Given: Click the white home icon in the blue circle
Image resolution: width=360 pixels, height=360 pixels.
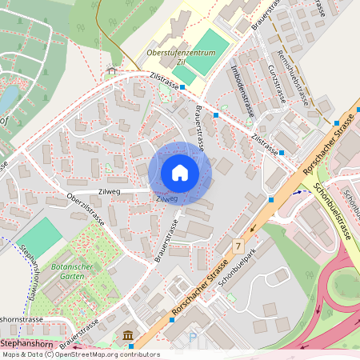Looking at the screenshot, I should click(180, 173).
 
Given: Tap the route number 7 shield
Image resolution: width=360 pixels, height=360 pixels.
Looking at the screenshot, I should click(238, 244).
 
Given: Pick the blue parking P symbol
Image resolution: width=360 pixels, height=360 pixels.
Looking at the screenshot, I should click(192, 338).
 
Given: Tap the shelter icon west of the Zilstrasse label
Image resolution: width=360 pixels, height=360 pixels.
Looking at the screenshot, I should click(110, 70).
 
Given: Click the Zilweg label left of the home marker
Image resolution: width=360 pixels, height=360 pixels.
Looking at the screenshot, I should click(109, 192).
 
